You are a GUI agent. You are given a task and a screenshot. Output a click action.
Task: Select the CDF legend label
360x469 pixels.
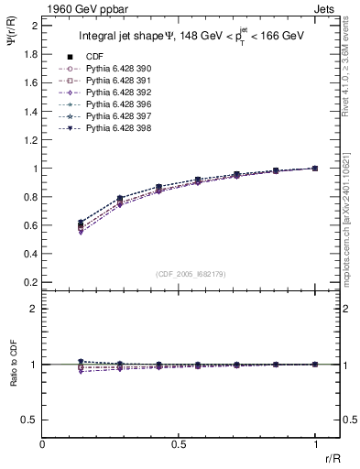[94, 58]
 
